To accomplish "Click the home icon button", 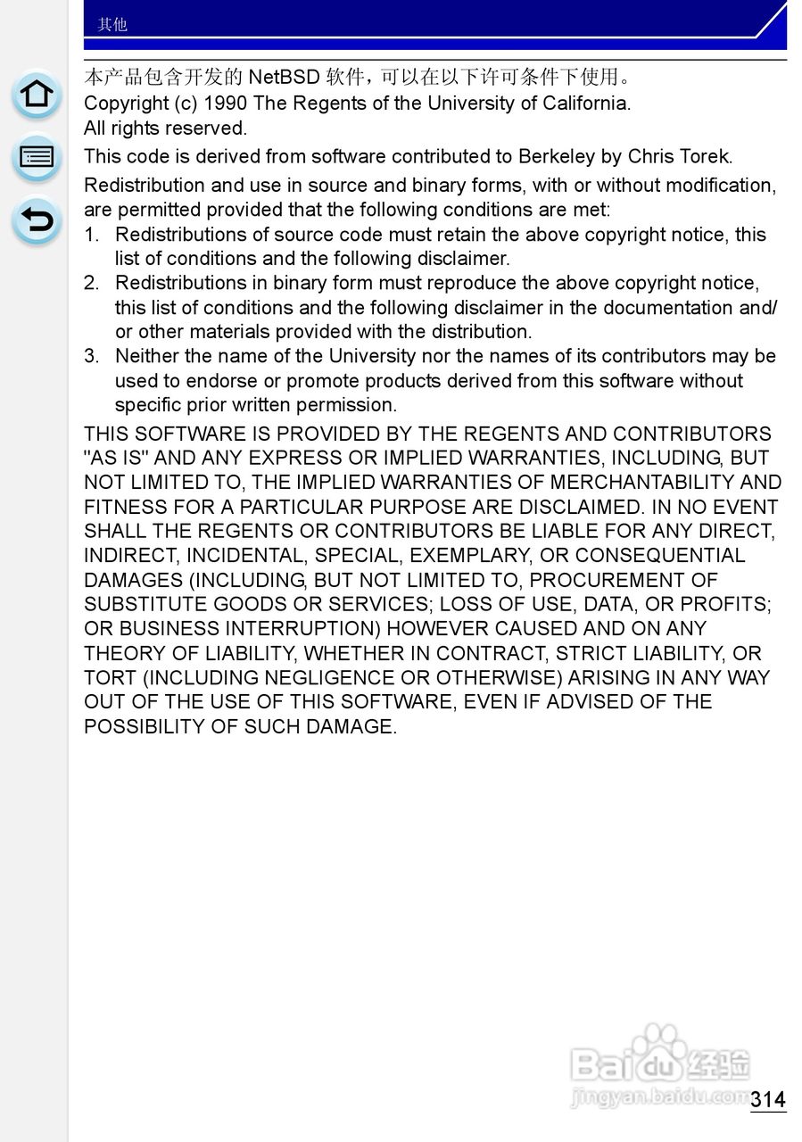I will pyautogui.click(x=37, y=95).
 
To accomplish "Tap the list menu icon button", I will pyautogui.click(x=37, y=158).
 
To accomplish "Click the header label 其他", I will pyautogui.click(x=112, y=24).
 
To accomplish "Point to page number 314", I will pyautogui.click(x=767, y=1099).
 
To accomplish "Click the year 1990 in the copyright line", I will pyautogui.click(x=225, y=103).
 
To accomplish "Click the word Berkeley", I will pyautogui.click(x=557, y=157).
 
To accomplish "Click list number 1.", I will pyautogui.click(x=91, y=235).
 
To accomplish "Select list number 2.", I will pyautogui.click(x=91, y=284).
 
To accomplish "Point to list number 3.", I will pyautogui.click(x=91, y=357).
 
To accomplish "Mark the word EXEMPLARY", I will pyautogui.click(x=466, y=556).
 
